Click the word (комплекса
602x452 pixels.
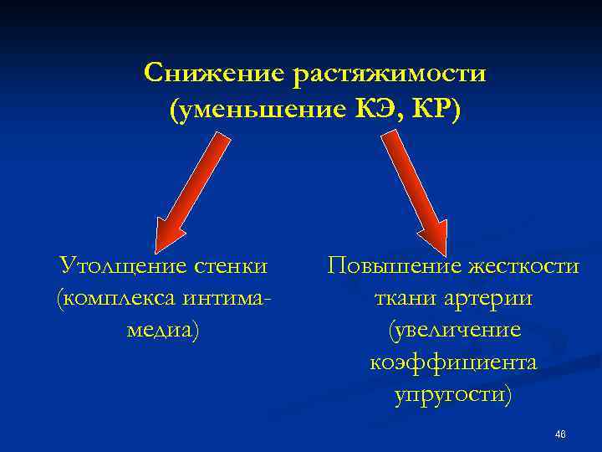[x=112, y=299]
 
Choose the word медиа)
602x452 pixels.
[x=162, y=331]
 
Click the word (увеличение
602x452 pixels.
[x=454, y=331]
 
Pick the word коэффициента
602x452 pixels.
[x=453, y=362]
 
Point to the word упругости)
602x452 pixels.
[x=453, y=394]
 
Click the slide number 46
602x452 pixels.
[x=560, y=434]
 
